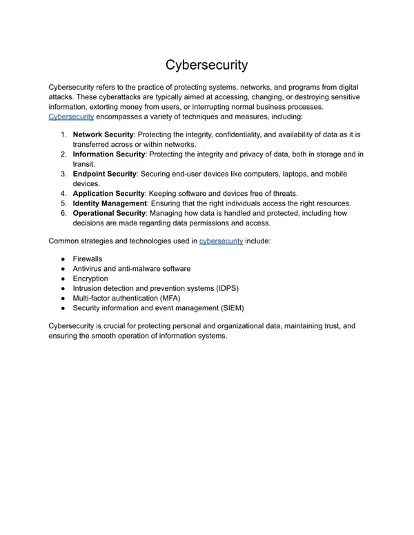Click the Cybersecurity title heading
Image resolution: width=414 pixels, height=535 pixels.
coord(206,65)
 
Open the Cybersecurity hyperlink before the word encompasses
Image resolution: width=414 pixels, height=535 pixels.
coord(71,117)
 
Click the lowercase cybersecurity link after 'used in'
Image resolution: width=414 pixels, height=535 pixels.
coord(221,241)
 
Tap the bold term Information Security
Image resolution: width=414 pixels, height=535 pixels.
coord(109,154)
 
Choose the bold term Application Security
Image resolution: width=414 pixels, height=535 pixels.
coord(108,194)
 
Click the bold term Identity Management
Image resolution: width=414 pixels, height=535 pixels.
coord(110,203)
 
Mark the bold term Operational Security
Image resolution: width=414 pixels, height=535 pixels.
coord(108,214)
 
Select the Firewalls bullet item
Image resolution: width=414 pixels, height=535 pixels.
coord(88,259)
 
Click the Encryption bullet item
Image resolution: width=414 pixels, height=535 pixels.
coord(90,279)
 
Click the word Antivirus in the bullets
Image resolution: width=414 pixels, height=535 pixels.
coord(88,268)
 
